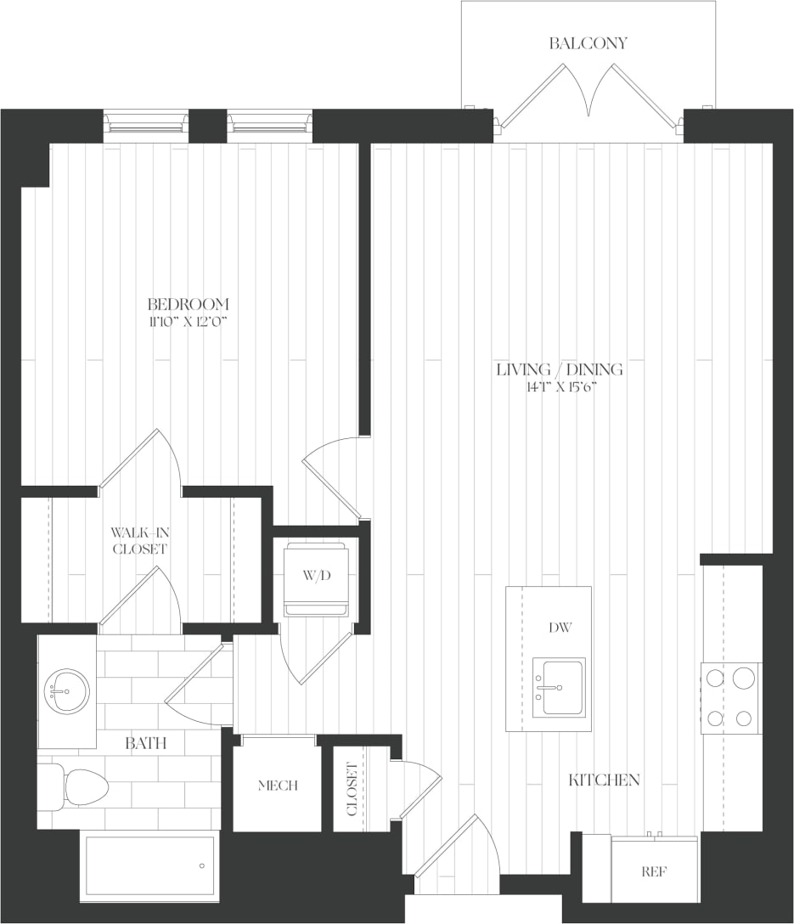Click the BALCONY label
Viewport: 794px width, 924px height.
[588, 43]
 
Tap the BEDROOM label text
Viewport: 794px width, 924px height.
[188, 304]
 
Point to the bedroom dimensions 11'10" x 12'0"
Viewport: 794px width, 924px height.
[188, 321]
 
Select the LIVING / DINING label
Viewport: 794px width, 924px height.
[560, 369]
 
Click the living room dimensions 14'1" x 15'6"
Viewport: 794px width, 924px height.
[560, 387]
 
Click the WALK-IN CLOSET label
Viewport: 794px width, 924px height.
[139, 541]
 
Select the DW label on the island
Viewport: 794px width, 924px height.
[560, 628]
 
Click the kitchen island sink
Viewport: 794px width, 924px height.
[559, 686]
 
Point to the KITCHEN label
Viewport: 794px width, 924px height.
[604, 780]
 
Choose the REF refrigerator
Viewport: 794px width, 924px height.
[654, 871]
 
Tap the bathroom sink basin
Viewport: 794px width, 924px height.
[66, 691]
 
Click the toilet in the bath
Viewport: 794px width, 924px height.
[75, 787]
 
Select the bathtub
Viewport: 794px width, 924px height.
[149, 865]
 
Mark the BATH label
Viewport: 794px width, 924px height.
[145, 744]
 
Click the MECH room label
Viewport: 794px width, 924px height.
[278, 786]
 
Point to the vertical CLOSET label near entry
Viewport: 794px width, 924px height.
[352, 789]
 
